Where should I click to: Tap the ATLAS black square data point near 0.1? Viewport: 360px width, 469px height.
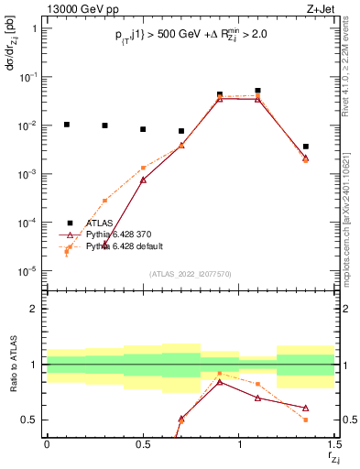[66, 124]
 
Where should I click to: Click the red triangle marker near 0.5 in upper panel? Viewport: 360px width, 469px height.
[143, 180]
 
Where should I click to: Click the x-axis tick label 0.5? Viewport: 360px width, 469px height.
[143, 445]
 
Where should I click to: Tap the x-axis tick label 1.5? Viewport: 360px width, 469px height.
[334, 445]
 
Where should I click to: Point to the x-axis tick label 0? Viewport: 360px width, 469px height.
[47, 445]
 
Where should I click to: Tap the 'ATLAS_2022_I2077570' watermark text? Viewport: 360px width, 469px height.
[191, 273]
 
